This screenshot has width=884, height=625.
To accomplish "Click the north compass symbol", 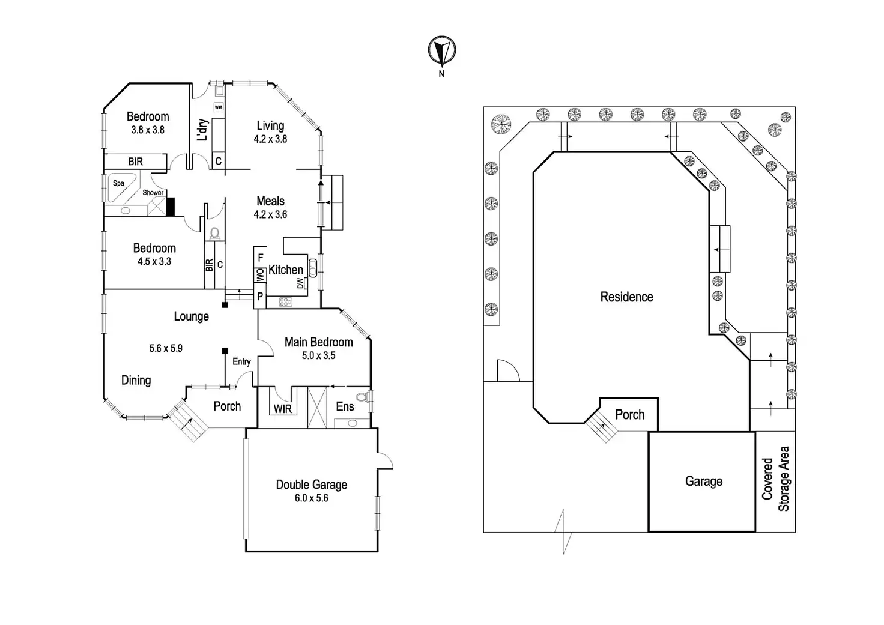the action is [x=442, y=51].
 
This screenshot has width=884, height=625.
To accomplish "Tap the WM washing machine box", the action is [x=218, y=107].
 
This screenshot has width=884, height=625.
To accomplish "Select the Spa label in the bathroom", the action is [x=118, y=183].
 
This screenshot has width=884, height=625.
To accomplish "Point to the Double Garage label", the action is [x=311, y=485].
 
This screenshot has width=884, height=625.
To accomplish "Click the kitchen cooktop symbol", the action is [x=285, y=302].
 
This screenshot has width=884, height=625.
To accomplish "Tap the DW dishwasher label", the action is [x=301, y=283].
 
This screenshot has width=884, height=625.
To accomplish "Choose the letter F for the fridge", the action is [x=261, y=258].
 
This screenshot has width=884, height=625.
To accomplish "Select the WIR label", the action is [x=283, y=409].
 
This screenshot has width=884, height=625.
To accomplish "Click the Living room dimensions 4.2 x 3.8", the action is [x=270, y=139].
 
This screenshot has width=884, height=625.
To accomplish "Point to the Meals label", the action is [x=270, y=201].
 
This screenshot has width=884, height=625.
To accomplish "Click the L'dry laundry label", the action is [x=202, y=130].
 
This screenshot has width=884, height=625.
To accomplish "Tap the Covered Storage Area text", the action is [x=775, y=479].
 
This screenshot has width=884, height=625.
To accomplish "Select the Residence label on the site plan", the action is [x=627, y=297].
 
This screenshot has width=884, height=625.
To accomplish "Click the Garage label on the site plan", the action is [x=704, y=481].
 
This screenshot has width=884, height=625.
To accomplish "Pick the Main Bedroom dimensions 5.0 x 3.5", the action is [x=318, y=355].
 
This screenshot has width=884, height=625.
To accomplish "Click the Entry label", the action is [x=241, y=361].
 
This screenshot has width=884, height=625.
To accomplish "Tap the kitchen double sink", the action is [x=313, y=268].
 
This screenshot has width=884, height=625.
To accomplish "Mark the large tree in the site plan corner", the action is [x=501, y=124].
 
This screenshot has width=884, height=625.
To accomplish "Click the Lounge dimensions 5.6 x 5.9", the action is [x=166, y=348].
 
